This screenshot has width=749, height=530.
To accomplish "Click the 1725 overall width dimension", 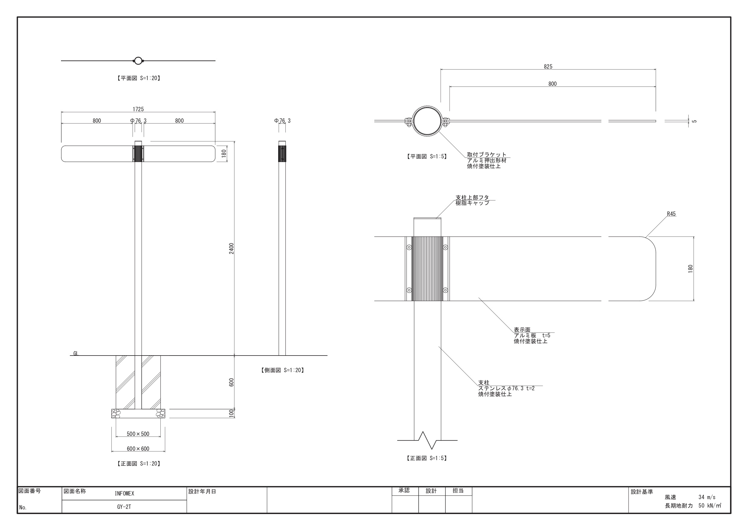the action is (x=138, y=109).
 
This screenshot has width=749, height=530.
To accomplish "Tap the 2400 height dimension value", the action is (x=231, y=249).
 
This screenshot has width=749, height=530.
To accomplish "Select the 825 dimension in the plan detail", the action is (x=548, y=67).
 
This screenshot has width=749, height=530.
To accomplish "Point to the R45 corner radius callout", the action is (x=671, y=214).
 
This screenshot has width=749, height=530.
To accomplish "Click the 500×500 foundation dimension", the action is (x=138, y=434).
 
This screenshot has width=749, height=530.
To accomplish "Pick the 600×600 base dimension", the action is (x=138, y=449).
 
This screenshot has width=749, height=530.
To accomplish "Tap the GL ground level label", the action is (x=76, y=353).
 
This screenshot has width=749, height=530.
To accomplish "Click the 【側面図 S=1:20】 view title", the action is (x=282, y=370).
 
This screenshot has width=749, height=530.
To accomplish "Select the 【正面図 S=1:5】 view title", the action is (x=427, y=458).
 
